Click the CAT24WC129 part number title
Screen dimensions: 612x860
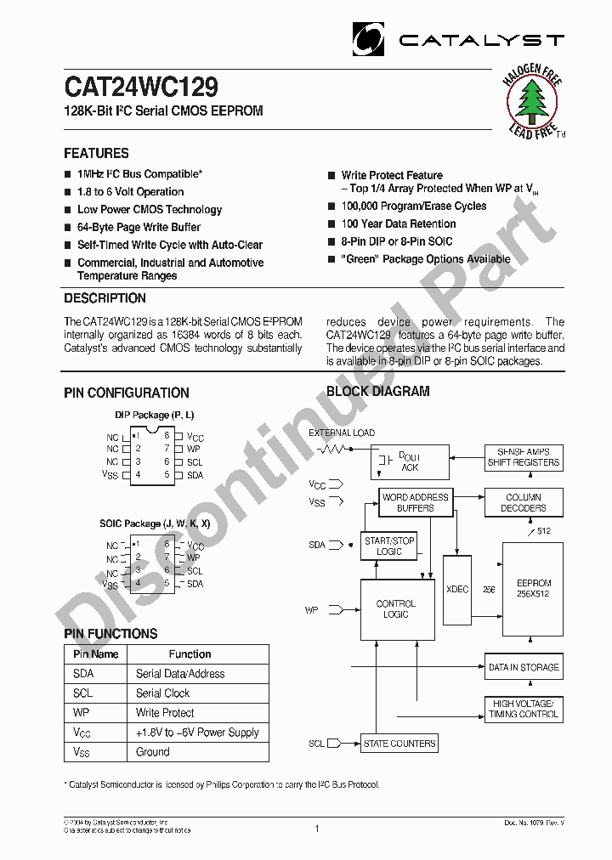(x=141, y=88)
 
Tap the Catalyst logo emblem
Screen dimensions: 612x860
(x=369, y=39)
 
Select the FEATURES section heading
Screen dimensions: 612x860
(x=96, y=154)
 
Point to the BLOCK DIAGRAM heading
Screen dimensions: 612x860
(x=378, y=392)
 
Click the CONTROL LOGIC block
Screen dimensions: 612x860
(x=396, y=609)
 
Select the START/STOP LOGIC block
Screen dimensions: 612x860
(x=389, y=546)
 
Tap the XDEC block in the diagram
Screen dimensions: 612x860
(x=457, y=589)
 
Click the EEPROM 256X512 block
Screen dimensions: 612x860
(x=534, y=589)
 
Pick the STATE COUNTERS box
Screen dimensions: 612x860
(x=399, y=744)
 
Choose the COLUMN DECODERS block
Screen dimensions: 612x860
(x=523, y=502)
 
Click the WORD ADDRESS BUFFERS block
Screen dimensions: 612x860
(x=415, y=502)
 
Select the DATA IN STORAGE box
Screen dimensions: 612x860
(x=524, y=667)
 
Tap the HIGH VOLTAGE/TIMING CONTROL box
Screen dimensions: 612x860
(x=524, y=709)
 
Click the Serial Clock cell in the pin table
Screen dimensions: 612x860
(x=163, y=693)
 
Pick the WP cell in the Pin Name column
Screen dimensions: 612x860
(x=82, y=713)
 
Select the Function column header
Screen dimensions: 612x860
(x=190, y=654)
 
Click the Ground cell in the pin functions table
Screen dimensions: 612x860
(x=153, y=752)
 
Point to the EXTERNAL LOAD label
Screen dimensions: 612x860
(x=341, y=433)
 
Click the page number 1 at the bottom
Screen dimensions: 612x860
(x=316, y=829)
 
